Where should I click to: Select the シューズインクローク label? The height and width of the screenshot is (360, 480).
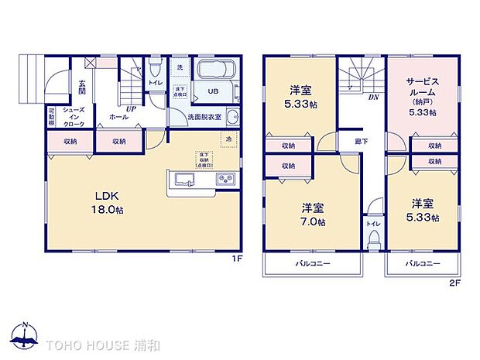[x=74, y=118]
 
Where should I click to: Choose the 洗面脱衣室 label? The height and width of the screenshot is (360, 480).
[x=204, y=117]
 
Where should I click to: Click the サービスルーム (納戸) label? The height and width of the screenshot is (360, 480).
[x=422, y=96]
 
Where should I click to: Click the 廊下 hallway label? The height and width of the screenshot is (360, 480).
[x=362, y=142]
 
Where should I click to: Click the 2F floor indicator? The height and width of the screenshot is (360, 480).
[x=456, y=284]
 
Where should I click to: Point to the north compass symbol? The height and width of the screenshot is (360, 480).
[x=25, y=335]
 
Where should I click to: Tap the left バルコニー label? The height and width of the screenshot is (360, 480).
[x=313, y=264]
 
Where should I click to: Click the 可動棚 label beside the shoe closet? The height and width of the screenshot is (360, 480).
[x=51, y=117]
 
